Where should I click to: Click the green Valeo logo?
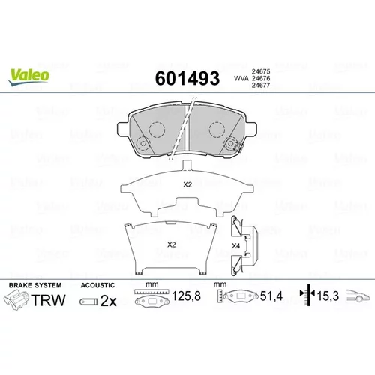[x=28, y=76]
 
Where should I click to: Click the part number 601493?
[x=187, y=78]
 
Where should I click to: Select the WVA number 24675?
[x=261, y=71]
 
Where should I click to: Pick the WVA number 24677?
[x=261, y=85]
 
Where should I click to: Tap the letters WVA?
[x=241, y=78]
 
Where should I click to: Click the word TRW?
[x=49, y=300]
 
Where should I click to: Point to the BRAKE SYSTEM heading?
[x=35, y=285]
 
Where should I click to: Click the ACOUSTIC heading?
[x=97, y=285]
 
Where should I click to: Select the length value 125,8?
[x=186, y=295]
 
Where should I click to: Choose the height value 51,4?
[x=271, y=296]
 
